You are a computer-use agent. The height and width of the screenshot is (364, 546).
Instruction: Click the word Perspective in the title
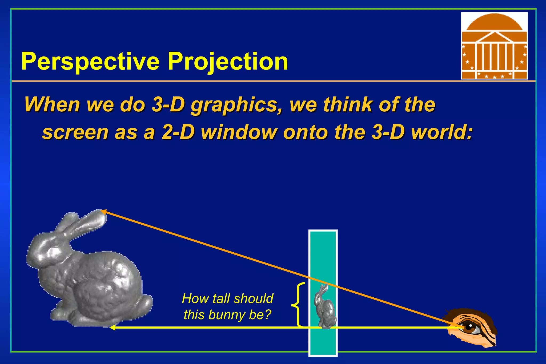click(x=90, y=62)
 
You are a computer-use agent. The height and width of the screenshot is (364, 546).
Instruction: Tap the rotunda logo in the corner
click(x=494, y=46)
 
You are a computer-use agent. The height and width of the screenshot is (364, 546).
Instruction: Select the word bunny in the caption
click(x=227, y=315)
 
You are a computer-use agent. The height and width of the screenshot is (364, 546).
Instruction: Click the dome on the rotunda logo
click(x=494, y=23)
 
